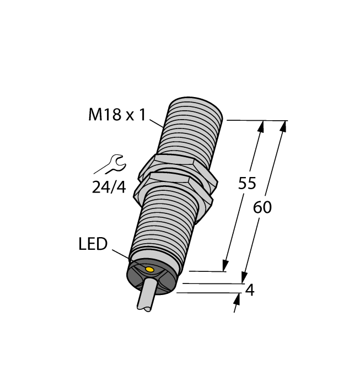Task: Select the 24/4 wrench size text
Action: pyautogui.click(x=109, y=187)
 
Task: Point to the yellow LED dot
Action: pyautogui.click(x=149, y=269)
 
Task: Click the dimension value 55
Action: pyautogui.click(x=246, y=184)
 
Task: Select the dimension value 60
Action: pyautogui.click(x=262, y=208)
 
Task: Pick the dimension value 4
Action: pyautogui.click(x=250, y=290)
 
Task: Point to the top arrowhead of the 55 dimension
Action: pyautogui.click(x=260, y=127)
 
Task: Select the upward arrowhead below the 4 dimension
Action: pyautogui.click(x=238, y=299)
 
